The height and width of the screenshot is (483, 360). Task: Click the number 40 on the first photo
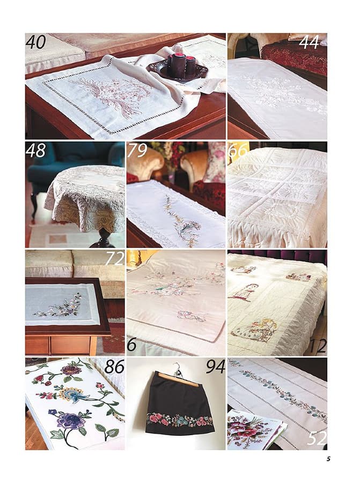[36, 42]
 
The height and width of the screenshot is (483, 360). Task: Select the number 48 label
[35, 150]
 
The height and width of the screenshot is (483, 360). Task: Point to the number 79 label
[137, 150]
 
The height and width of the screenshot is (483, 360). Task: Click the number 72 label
[114, 258]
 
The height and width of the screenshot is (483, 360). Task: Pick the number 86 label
[114, 367]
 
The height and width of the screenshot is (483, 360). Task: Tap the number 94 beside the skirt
[215, 367]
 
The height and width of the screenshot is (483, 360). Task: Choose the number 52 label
[317, 438]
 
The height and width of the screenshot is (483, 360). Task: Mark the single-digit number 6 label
[131, 345]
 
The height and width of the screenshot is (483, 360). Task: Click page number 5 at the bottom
[328, 459]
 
